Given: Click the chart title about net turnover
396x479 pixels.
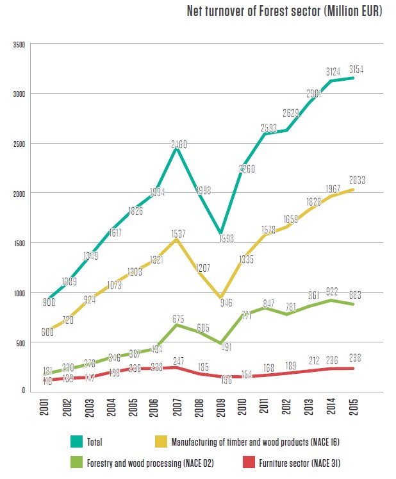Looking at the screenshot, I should pyautogui.click(x=285, y=12).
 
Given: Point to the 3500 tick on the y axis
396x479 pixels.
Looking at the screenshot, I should pyautogui.click(x=18, y=45).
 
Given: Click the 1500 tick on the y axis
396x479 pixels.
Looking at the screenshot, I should pyautogui.click(x=18, y=244).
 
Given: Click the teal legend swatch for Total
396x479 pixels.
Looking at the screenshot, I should pyautogui.click(x=78, y=441).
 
